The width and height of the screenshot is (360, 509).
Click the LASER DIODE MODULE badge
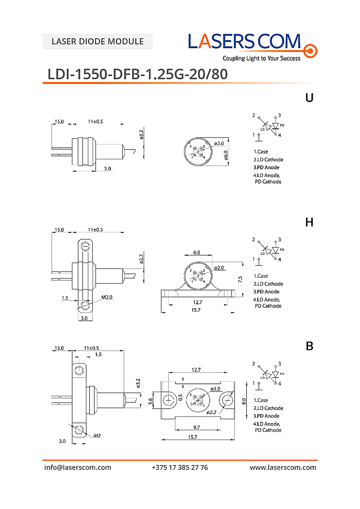click(97, 42)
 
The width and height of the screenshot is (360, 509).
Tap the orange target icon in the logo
click(310, 50)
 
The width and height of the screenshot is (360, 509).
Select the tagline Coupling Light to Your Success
click(262, 58)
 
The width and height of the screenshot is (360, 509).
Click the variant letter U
click(309, 98)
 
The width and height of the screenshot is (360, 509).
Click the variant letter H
click(309, 222)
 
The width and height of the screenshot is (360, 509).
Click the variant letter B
click(309, 347)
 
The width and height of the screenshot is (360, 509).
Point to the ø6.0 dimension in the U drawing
click(226, 154)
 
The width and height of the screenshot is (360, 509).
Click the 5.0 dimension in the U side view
click(107, 168)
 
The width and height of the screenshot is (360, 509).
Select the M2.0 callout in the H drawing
click(106, 298)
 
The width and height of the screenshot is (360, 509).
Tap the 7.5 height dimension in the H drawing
click(240, 278)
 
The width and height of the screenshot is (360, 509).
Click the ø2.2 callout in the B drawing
click(212, 412)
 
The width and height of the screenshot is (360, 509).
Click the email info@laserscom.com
click(78, 467)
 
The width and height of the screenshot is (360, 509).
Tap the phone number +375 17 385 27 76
click(180, 467)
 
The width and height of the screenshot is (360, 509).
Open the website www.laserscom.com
click(283, 467)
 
